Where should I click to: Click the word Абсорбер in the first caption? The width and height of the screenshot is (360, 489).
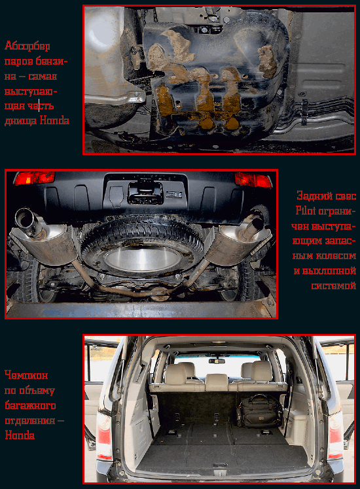(27, 46)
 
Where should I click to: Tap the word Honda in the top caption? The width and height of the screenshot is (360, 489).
(54, 120)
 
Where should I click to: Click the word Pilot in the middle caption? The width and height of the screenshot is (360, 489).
(306, 211)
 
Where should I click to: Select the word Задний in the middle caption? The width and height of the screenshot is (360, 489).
(314, 196)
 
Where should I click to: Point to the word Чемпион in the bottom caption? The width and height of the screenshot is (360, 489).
(27, 375)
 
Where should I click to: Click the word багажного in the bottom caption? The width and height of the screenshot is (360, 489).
(30, 405)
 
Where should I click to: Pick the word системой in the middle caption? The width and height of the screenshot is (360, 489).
(333, 285)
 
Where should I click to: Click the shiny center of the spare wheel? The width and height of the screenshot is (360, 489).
(142, 259)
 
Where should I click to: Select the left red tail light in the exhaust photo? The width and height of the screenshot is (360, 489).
(34, 178)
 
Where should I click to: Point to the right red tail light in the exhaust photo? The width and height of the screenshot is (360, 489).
(253, 180)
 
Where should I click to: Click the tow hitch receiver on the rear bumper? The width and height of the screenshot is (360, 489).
(145, 192)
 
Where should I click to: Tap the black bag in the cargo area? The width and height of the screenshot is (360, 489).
(259, 411)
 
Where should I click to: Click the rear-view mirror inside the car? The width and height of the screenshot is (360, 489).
(217, 361)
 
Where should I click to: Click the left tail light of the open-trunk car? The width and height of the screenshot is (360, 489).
(104, 435)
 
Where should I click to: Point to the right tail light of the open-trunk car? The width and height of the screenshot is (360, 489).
(336, 435)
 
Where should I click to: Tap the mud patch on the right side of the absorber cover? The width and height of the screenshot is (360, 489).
(267, 61)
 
